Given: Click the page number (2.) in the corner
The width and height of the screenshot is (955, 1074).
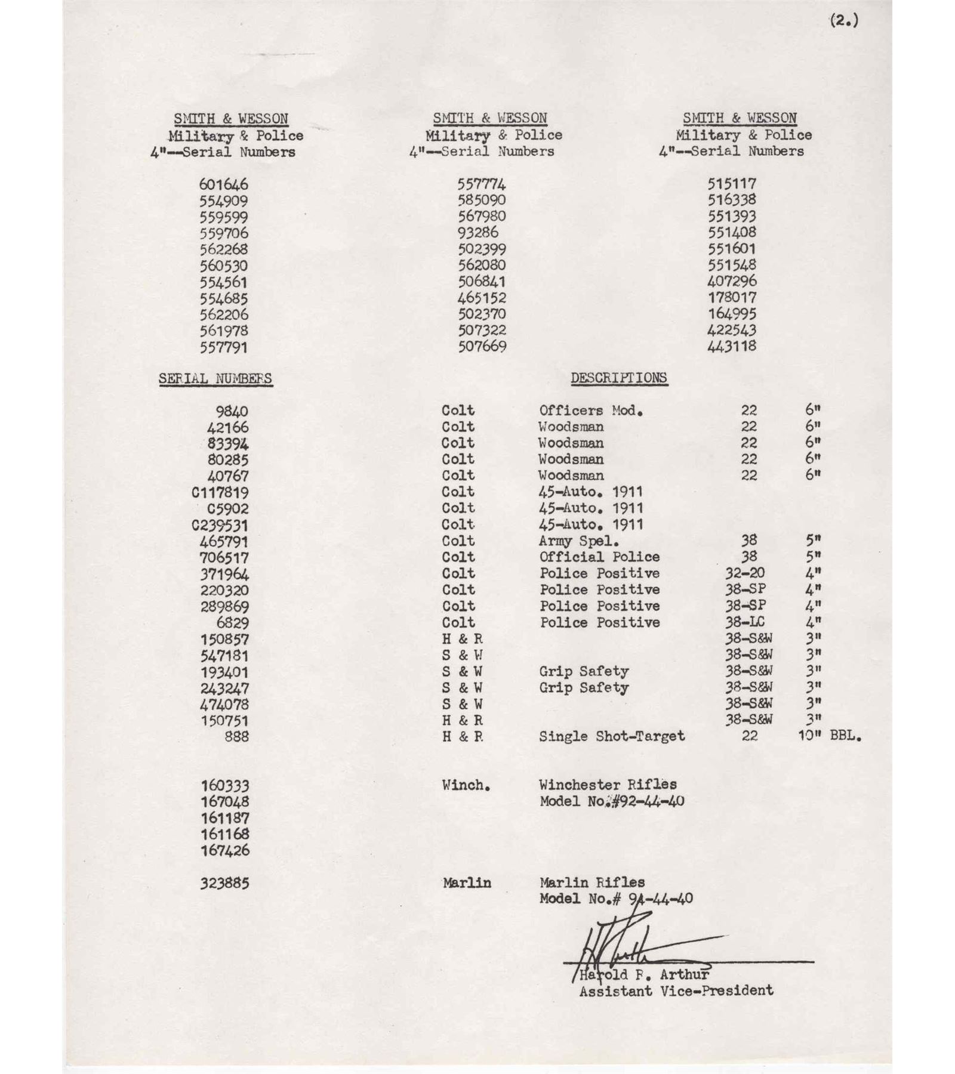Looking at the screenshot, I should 843,21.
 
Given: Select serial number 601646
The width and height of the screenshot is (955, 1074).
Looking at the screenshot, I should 224,185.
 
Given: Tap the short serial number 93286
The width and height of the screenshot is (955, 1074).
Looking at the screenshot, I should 478,233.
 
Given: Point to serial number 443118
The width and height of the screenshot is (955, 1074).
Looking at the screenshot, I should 732,347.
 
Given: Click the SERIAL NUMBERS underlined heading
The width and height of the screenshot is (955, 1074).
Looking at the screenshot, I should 215,379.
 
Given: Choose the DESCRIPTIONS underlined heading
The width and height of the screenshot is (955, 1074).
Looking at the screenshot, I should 618,378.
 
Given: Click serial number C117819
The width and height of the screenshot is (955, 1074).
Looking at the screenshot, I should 220,493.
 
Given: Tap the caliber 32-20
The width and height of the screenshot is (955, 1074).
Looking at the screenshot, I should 745,573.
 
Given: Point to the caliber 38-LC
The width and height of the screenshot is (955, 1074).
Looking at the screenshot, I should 745,622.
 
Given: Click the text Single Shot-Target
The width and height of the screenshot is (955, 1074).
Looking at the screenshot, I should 612,736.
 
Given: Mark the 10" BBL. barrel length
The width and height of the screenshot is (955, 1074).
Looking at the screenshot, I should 830,736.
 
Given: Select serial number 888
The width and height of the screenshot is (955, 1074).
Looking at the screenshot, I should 236,737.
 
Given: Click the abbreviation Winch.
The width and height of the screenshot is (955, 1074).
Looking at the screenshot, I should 466,785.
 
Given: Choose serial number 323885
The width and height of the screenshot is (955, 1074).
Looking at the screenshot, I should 224,883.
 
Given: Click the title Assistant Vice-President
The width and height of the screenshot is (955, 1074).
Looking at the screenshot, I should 676,991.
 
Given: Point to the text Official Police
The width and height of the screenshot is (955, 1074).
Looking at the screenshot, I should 599,557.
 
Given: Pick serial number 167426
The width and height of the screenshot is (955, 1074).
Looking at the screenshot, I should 224,850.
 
